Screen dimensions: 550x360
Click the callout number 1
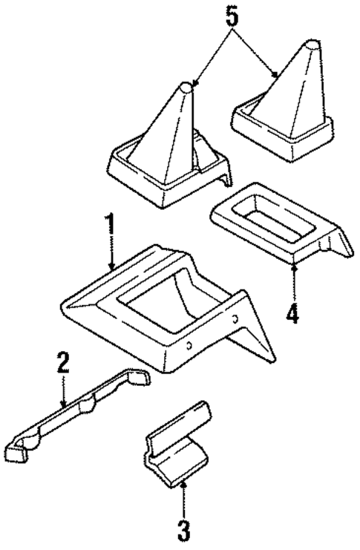(111, 226)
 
